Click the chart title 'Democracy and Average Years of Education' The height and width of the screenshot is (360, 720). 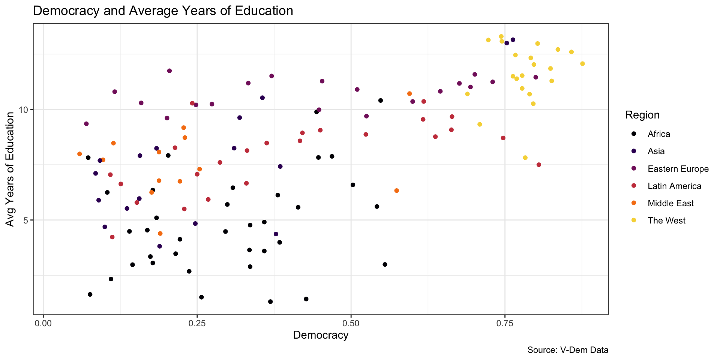(163, 11)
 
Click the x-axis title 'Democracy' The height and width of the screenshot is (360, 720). (321, 335)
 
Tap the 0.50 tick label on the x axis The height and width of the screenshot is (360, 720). (351, 323)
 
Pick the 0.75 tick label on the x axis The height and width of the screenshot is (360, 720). (504, 323)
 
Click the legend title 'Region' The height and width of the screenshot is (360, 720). (642, 115)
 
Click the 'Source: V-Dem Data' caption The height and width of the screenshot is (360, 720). (568, 350)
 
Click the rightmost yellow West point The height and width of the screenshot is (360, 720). (582, 64)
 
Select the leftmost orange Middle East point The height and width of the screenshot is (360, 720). (79, 154)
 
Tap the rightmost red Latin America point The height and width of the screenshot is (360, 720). (539, 165)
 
